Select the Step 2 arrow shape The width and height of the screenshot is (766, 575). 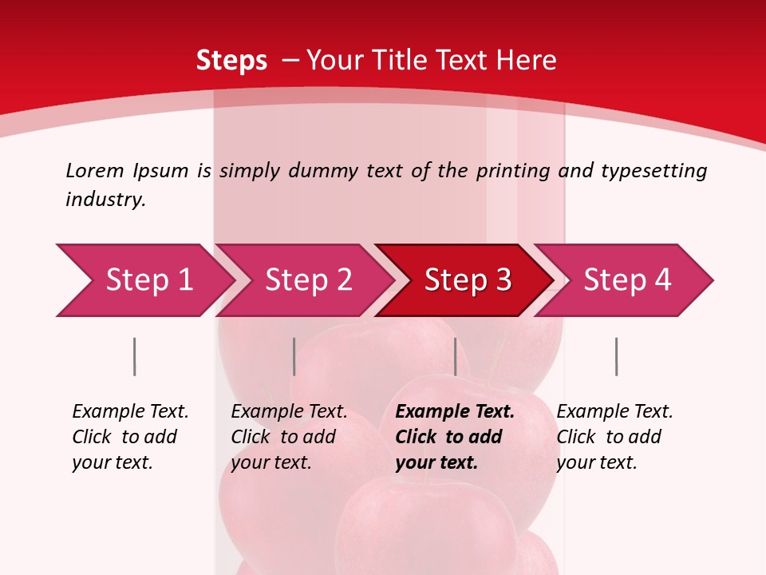308,280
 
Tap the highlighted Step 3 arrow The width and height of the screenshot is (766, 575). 468,280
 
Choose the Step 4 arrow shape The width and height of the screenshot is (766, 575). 627,280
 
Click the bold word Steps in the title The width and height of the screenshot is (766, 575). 231,61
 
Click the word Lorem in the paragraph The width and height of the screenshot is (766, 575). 94,170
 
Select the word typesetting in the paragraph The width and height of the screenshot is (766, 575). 653,170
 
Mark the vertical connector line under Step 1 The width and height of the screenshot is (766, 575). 134,356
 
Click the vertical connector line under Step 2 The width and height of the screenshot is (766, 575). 294,356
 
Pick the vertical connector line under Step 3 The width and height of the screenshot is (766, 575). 455,356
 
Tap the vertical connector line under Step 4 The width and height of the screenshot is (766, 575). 616,356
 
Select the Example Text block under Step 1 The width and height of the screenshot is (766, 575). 130,437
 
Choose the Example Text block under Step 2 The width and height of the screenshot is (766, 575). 289,437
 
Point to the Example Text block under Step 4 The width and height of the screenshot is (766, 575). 614,437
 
